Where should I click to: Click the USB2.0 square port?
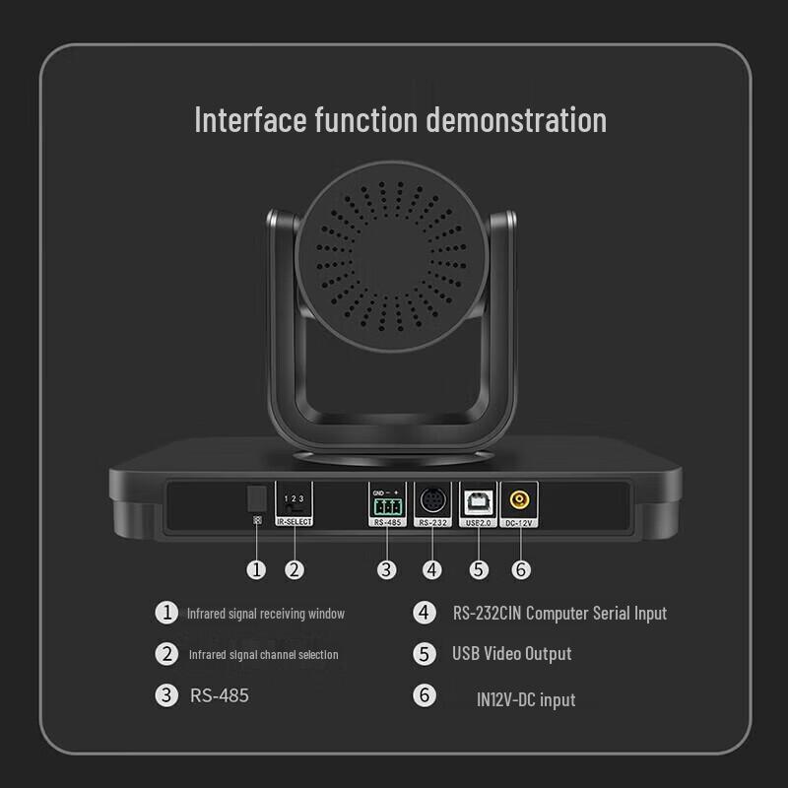[x=478, y=499]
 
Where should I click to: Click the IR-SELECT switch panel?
[x=294, y=502]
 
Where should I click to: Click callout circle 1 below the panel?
[x=257, y=568]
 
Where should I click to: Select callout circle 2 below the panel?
[x=294, y=568]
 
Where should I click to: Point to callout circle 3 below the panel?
[x=387, y=568]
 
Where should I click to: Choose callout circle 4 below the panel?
[x=432, y=568]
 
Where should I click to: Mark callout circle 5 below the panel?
[x=478, y=568]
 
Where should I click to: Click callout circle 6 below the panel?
[x=521, y=568]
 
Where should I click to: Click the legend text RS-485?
[x=219, y=695]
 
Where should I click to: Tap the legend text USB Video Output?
[x=511, y=653]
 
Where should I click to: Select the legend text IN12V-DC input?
[x=525, y=699]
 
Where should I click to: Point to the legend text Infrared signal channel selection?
[x=263, y=654]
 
